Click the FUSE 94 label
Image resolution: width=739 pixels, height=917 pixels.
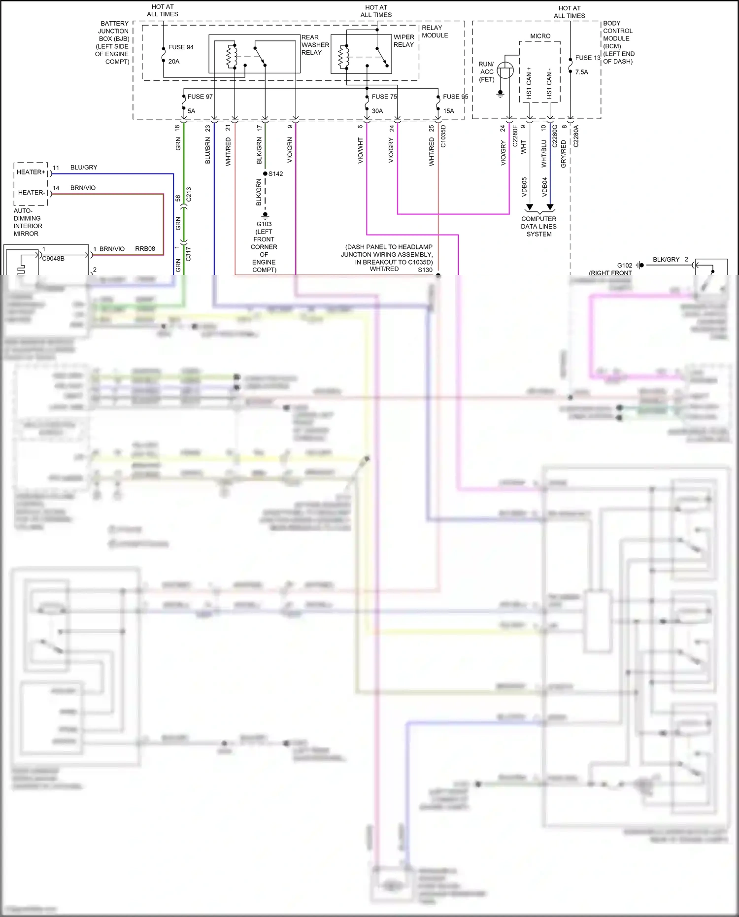tap(180, 47)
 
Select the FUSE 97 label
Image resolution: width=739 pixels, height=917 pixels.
tap(200, 97)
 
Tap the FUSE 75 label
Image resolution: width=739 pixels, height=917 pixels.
tap(384, 97)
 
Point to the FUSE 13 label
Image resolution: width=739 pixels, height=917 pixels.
tap(587, 58)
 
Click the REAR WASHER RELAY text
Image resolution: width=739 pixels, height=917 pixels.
tap(315, 45)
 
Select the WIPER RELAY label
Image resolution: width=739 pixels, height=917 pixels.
tap(403, 41)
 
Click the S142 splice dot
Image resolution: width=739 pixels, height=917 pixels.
tap(265, 173)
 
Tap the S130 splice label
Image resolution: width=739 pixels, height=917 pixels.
tap(425, 270)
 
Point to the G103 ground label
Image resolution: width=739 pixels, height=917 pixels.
tap(264, 224)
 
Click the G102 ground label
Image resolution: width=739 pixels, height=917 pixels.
tap(624, 265)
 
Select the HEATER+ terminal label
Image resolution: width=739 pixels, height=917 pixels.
tap(31, 172)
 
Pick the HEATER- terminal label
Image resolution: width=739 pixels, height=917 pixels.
tap(31, 193)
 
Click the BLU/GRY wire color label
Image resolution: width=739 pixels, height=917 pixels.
tap(84, 168)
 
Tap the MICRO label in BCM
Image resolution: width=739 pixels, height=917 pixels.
tap(540, 36)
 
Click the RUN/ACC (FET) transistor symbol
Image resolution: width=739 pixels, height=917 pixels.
tap(505, 71)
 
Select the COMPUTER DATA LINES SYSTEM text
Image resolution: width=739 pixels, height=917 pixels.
tap(538, 226)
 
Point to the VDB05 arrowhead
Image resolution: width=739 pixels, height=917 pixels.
tap(529, 207)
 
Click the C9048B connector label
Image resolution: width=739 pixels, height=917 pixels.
tap(53, 258)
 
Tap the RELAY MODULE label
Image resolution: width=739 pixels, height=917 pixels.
tap(435, 32)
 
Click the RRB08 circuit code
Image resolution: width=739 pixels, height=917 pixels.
tap(145, 249)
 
